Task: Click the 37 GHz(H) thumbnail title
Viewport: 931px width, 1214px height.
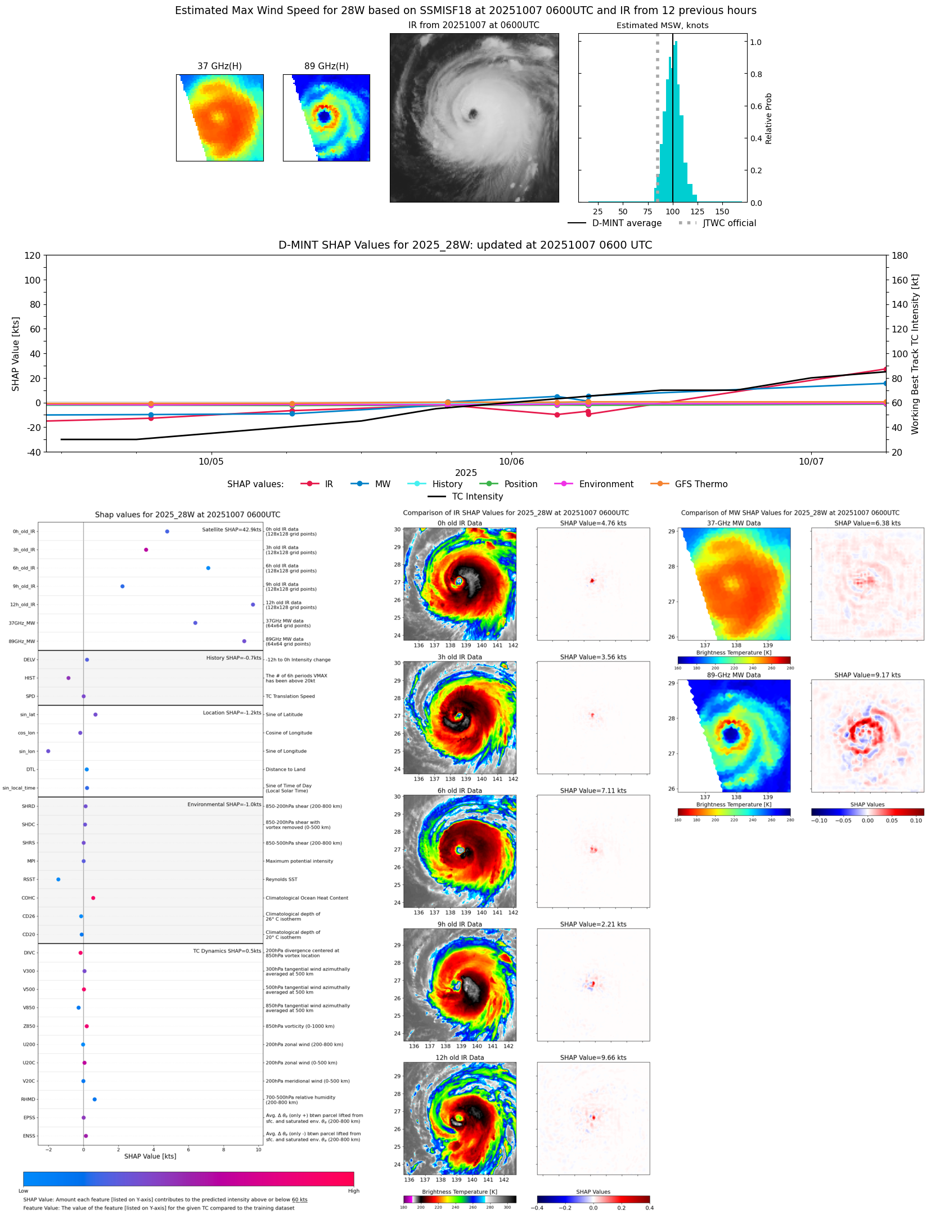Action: coord(219,66)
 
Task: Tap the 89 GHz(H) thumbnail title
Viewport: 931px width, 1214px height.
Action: coord(326,66)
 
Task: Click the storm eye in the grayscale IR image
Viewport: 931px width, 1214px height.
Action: coord(473,114)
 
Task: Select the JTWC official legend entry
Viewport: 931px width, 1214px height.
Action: coord(729,223)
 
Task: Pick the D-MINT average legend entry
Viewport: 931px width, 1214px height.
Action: coord(626,223)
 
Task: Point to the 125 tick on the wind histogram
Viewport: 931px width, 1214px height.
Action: coord(698,212)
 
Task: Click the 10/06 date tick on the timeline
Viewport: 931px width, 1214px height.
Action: coord(511,461)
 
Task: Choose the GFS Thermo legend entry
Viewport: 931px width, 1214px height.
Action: coord(701,484)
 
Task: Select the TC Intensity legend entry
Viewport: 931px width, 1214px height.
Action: coord(477,497)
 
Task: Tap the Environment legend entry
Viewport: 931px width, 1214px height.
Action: coord(606,484)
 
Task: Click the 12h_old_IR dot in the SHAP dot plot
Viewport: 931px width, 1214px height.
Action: coord(253,605)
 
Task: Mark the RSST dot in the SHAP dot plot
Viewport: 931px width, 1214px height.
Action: coord(59,879)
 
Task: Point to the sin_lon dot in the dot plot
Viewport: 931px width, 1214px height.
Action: coord(48,751)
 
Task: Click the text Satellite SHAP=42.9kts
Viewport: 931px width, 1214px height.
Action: coord(231,530)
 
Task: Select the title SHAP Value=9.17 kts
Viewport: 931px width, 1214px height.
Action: coord(867,675)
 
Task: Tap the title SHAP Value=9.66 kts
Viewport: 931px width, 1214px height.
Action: coord(593,1058)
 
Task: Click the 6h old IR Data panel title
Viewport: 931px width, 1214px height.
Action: coord(460,791)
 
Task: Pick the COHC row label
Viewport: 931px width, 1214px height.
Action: coord(28,898)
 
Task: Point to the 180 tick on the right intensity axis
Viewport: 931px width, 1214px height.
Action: coord(899,255)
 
